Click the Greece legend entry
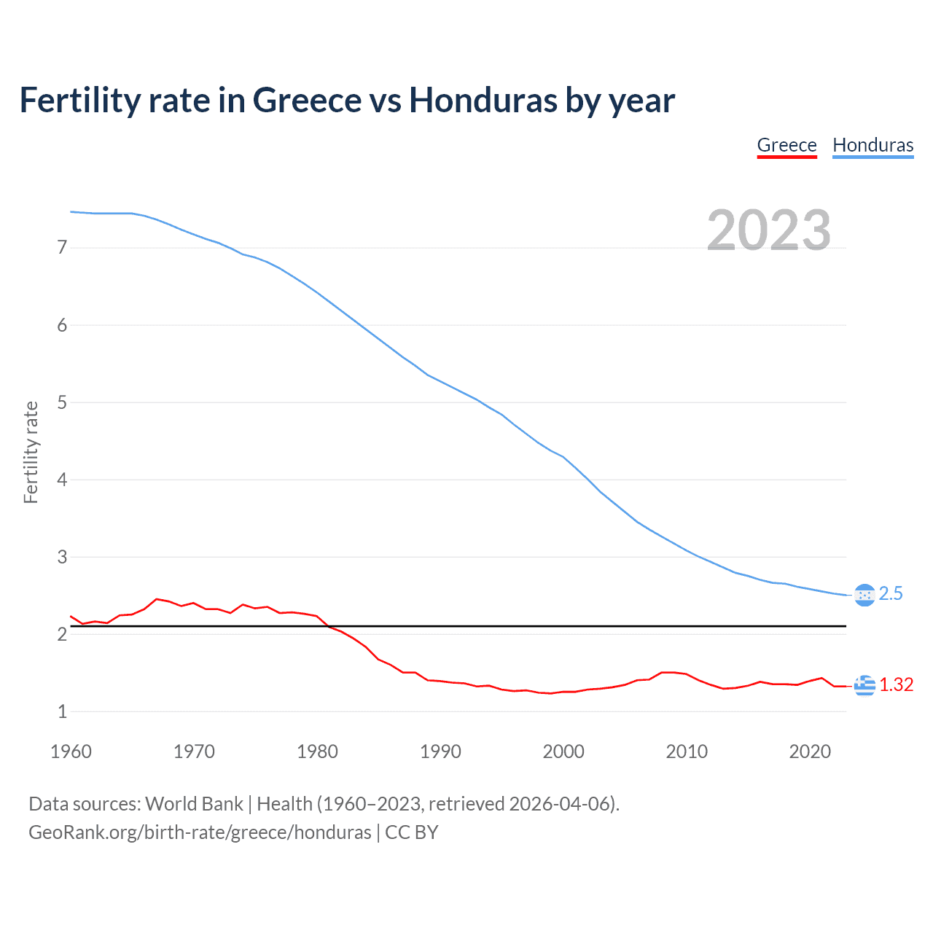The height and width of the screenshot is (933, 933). coord(786,145)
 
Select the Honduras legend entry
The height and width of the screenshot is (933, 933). coord(873,145)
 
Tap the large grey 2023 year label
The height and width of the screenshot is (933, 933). coord(768,230)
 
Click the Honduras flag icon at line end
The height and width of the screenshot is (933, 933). coord(864,596)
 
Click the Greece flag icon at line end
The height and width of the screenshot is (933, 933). coord(864,685)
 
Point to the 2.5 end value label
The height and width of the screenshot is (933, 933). coord(891,594)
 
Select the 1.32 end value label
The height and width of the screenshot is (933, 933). coord(896,685)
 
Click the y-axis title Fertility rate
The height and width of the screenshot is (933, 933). coord(31,452)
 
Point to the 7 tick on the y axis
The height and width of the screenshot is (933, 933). coord(62,248)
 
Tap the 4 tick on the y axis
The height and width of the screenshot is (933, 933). coord(62,480)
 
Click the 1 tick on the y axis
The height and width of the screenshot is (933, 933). coord(62,711)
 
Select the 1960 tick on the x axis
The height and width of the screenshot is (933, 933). coord(71,752)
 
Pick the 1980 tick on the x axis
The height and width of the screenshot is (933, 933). coord(317,752)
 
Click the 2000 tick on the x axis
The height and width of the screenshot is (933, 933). coord(563,752)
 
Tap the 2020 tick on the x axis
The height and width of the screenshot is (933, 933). coord(810,752)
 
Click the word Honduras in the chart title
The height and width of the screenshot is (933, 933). coord(483,101)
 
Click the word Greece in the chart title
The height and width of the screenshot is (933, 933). coord(307,101)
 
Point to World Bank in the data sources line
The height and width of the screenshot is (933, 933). coord(194,804)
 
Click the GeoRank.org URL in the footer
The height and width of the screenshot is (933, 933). coord(200,832)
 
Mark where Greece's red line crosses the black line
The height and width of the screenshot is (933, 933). coord(329,626)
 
